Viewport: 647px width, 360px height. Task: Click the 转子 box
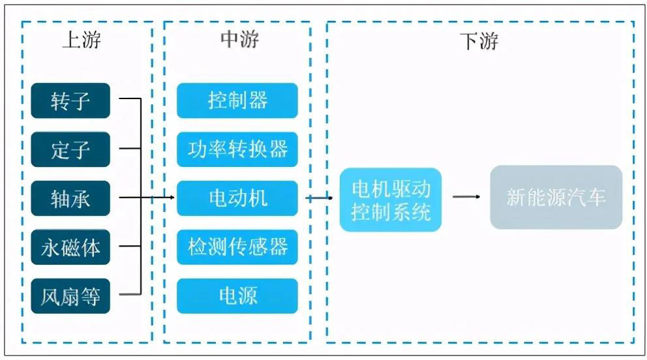(x=70, y=100)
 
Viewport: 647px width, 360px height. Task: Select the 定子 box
(x=70, y=149)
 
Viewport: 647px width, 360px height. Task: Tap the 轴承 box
(x=70, y=198)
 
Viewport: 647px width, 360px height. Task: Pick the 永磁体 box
(x=70, y=247)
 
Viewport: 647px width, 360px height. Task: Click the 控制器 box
(x=237, y=100)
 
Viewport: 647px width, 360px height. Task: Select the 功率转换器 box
(x=237, y=149)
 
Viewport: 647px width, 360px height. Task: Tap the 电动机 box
(x=237, y=198)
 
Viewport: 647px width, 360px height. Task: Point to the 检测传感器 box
(x=237, y=247)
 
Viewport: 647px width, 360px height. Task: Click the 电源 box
(x=237, y=296)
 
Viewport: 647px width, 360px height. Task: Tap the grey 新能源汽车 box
(x=556, y=197)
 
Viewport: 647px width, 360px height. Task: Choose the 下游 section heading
(x=479, y=42)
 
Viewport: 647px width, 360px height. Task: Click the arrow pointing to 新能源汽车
(x=466, y=197)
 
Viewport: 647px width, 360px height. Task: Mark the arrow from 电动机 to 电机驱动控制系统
(x=320, y=198)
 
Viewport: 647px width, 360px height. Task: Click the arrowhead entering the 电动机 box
(x=172, y=198)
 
